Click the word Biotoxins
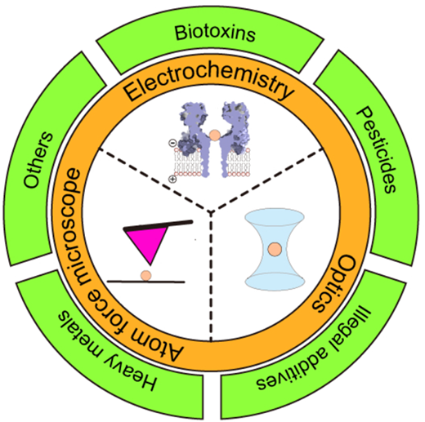pyautogui.click(x=215, y=33)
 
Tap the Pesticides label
pyautogui.click(x=376, y=149)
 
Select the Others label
pyautogui.click(x=38, y=160)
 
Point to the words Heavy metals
pyautogui.click(x=108, y=351)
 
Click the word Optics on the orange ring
pyautogui.click(x=334, y=283)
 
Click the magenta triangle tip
pyautogui.click(x=150, y=264)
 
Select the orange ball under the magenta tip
pyautogui.click(x=145, y=275)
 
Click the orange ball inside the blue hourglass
pyautogui.click(x=275, y=249)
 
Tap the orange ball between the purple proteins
pyautogui.click(x=215, y=135)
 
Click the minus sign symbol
pyautogui.click(x=172, y=142)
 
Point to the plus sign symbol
pyautogui.click(x=172, y=179)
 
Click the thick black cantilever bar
pyautogui.click(x=158, y=225)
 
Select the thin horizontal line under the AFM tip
pyautogui.click(x=145, y=282)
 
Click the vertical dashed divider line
pyautogui.click(x=211, y=276)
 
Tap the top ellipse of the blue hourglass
pyautogui.click(x=275, y=217)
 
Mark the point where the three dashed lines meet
pyautogui.click(x=211, y=211)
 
